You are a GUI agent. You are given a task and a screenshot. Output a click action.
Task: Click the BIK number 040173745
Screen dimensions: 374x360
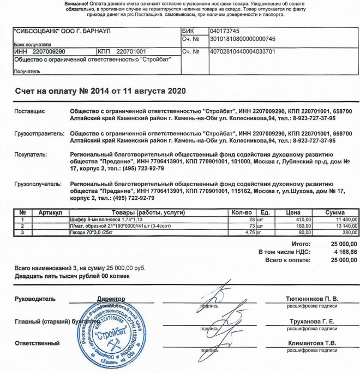click(225, 32)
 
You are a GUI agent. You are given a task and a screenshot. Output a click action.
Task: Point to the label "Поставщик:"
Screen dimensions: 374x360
click(29, 111)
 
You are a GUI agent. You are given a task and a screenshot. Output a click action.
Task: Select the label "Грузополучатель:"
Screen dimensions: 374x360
click(38, 185)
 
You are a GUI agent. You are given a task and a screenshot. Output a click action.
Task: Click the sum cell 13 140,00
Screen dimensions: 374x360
click(341, 225)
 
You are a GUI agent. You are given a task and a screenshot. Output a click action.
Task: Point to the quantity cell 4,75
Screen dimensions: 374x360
click(248, 232)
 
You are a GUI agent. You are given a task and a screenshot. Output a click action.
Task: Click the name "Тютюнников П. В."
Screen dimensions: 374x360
click(312, 299)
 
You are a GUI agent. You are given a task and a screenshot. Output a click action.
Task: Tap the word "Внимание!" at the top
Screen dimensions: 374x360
click(79, 3)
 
